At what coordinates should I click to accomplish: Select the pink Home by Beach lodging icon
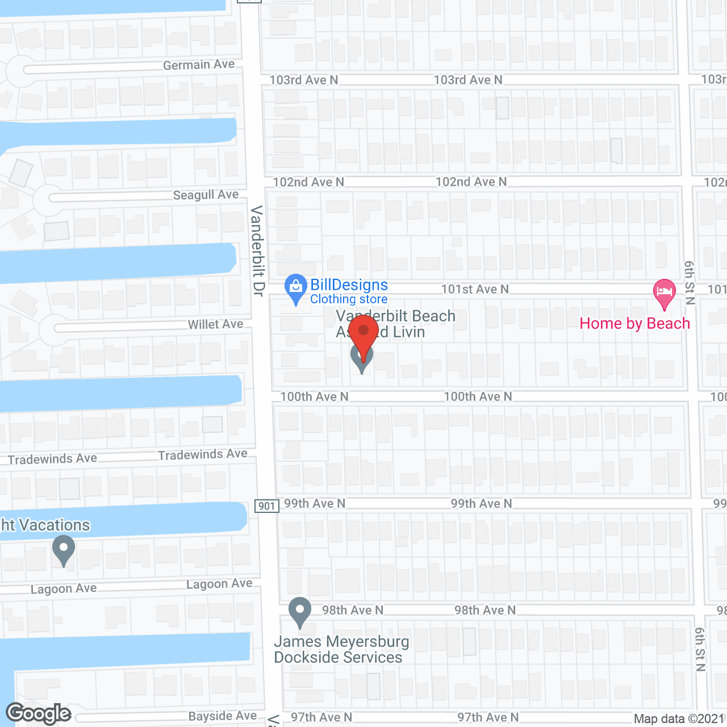point(664,292)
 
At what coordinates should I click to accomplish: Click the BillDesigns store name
point(349,285)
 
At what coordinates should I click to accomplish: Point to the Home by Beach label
point(634,324)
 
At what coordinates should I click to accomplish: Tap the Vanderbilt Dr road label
point(257,250)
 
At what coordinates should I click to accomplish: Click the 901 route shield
point(267,506)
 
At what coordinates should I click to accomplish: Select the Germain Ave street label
point(198,65)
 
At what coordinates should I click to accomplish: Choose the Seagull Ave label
point(206,195)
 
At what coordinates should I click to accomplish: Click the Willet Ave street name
point(215,324)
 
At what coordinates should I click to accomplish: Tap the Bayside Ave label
point(222,716)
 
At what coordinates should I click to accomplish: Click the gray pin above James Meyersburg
point(300,611)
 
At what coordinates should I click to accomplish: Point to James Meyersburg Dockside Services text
point(341,650)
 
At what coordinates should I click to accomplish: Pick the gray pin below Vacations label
point(64,550)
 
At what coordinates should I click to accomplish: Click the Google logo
point(39,714)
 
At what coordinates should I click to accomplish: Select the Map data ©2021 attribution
point(679,719)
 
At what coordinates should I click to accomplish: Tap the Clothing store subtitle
point(349,299)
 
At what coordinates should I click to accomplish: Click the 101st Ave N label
point(475,290)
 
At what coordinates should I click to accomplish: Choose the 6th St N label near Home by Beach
point(690,283)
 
